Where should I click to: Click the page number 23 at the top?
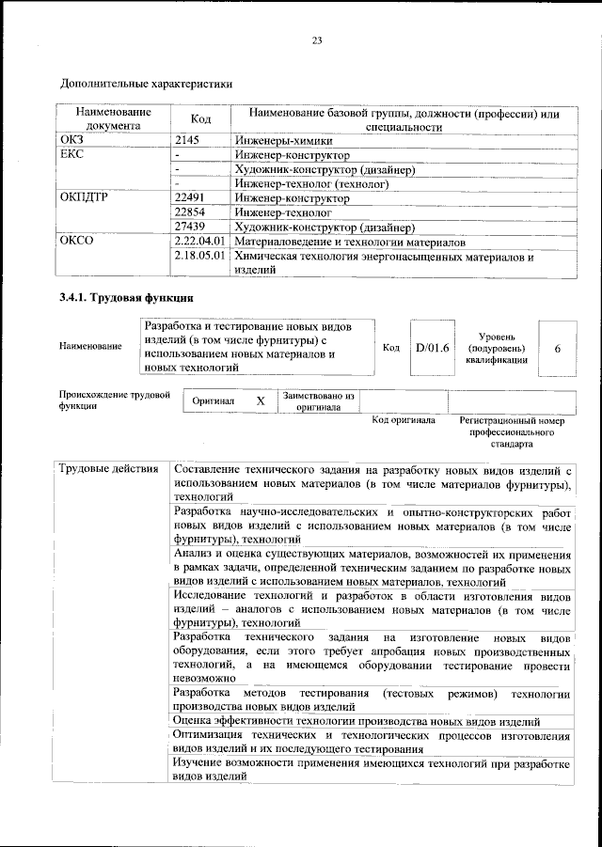pos(316,39)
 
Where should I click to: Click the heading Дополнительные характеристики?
pos(146,83)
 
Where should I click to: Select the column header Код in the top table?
pos(200,119)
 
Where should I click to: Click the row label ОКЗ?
pos(72,139)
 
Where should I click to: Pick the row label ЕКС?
pos(71,154)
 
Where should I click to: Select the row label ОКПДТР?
pos(84,198)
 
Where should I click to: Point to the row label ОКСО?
pos(76,242)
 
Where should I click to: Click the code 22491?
pos(191,198)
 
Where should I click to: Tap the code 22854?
pos(191,212)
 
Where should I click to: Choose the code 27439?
pos(191,227)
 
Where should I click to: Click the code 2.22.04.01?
pos(200,242)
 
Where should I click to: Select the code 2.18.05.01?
pos(200,256)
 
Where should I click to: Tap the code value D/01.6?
pos(433,348)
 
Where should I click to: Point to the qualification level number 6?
pos(558,348)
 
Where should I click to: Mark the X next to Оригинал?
pos(261,400)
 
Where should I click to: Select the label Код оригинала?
pos(404,420)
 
